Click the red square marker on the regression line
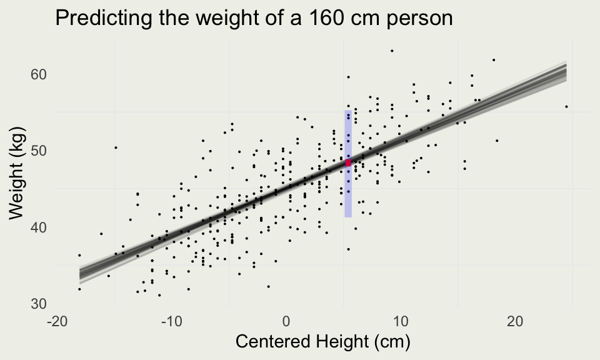click(x=348, y=162)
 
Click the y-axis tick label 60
click(x=39, y=74)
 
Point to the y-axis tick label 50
click(x=39, y=151)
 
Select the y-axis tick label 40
click(x=39, y=227)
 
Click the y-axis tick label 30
click(x=39, y=303)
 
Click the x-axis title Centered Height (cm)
click(x=321, y=342)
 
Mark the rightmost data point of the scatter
click(x=566, y=107)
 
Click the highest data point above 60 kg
click(x=392, y=51)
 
